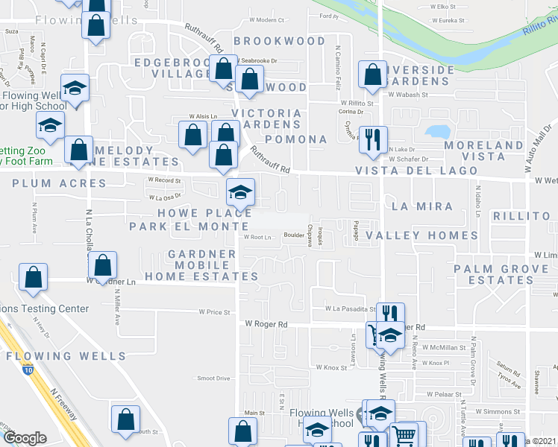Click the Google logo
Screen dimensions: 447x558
tap(25, 438)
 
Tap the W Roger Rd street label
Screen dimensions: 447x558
tap(266, 324)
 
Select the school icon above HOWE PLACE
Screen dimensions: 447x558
tap(240, 192)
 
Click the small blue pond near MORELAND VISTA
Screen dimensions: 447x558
tap(436, 132)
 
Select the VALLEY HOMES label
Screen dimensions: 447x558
tap(431, 235)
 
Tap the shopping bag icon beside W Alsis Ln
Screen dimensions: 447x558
tap(193, 135)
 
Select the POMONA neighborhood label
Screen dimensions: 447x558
tap(296, 139)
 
